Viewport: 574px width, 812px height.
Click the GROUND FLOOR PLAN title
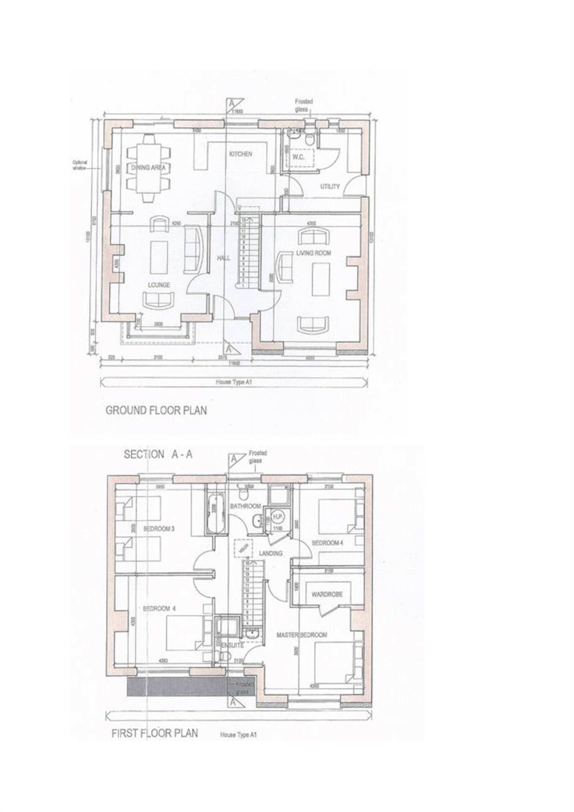156,410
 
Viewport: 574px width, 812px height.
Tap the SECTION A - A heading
158,455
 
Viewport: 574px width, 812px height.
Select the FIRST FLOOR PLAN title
154,733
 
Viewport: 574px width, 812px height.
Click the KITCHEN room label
241,154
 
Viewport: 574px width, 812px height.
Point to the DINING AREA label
148,168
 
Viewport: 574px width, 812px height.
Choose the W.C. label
298,157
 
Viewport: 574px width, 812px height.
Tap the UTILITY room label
330,186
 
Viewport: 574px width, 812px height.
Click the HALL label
224,258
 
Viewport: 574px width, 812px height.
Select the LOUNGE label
159,285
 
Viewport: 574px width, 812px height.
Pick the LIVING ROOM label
314,253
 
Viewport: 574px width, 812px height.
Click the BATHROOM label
245,506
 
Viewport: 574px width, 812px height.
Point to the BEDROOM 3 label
159,529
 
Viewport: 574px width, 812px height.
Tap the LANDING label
271,553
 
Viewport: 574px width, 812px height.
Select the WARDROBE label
327,594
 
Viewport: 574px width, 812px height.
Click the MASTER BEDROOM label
302,635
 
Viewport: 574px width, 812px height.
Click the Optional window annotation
79,165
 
